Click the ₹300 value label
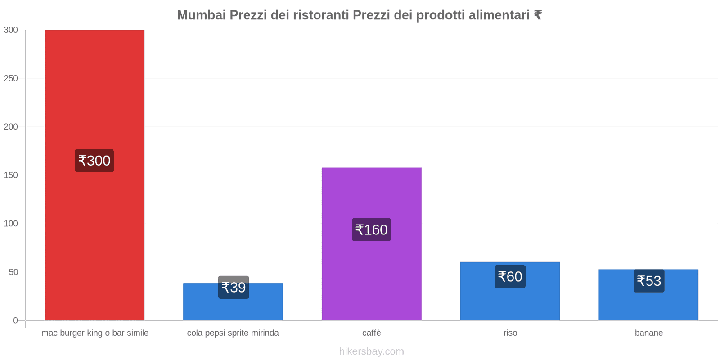point(94,161)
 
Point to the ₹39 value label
point(234,287)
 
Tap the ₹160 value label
point(371,230)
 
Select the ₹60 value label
point(510,276)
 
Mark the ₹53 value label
point(649,281)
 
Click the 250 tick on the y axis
point(11,78)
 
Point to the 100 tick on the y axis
point(11,224)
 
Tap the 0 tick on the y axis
point(15,320)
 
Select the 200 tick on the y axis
point(11,127)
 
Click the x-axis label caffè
point(371,333)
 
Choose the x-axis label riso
point(510,333)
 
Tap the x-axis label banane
point(648,333)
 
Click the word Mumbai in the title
point(201,15)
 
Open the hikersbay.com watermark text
point(371,351)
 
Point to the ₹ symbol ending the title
point(537,15)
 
